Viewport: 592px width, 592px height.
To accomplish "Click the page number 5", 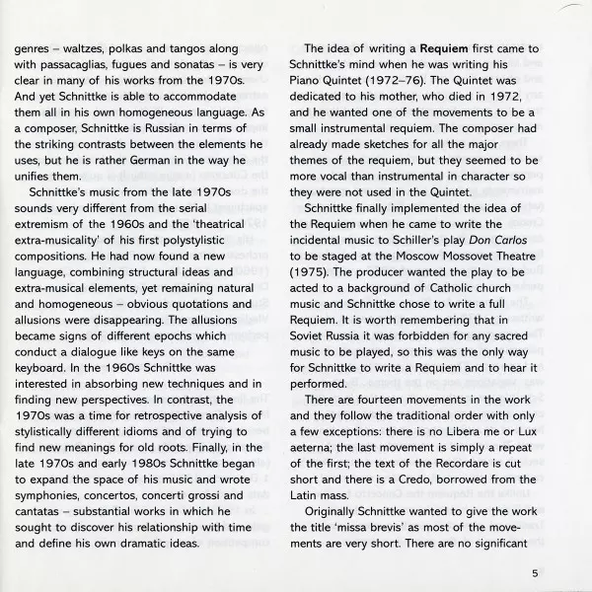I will (x=534, y=571).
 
